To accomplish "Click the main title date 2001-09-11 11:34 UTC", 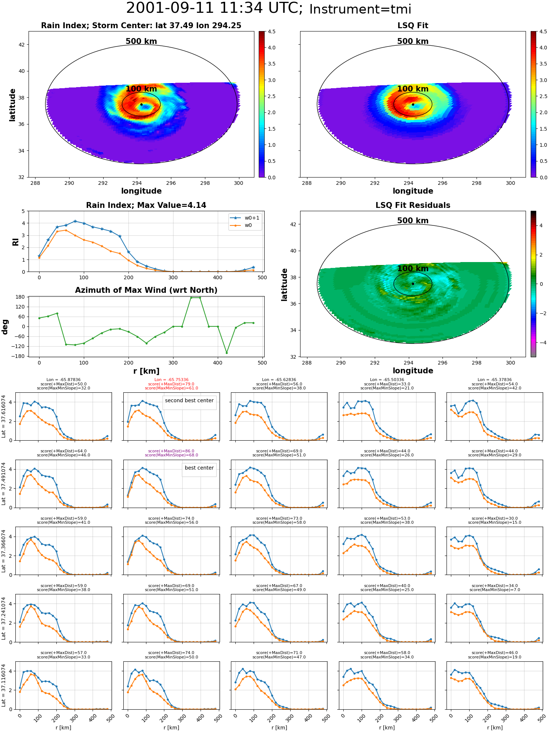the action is (x=214, y=8).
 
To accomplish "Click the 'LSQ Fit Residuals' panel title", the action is (x=413, y=205).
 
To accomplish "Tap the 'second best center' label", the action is (x=189, y=401).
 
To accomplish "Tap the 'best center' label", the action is (x=199, y=468).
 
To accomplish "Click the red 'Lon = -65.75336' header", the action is (x=171, y=380).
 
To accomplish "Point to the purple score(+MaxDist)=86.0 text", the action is (x=171, y=451).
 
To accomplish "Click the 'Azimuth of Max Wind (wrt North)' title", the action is (x=146, y=290).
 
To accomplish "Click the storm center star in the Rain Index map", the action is (x=141, y=104).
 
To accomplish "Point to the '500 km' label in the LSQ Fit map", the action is (x=413, y=41).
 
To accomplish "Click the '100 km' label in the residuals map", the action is (x=413, y=269).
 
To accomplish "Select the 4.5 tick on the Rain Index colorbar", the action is (x=272, y=31).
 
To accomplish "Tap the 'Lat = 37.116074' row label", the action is (x=4, y=686).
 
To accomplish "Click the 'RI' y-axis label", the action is (x=15, y=242).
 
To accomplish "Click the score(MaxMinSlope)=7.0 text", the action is (x=494, y=590).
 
